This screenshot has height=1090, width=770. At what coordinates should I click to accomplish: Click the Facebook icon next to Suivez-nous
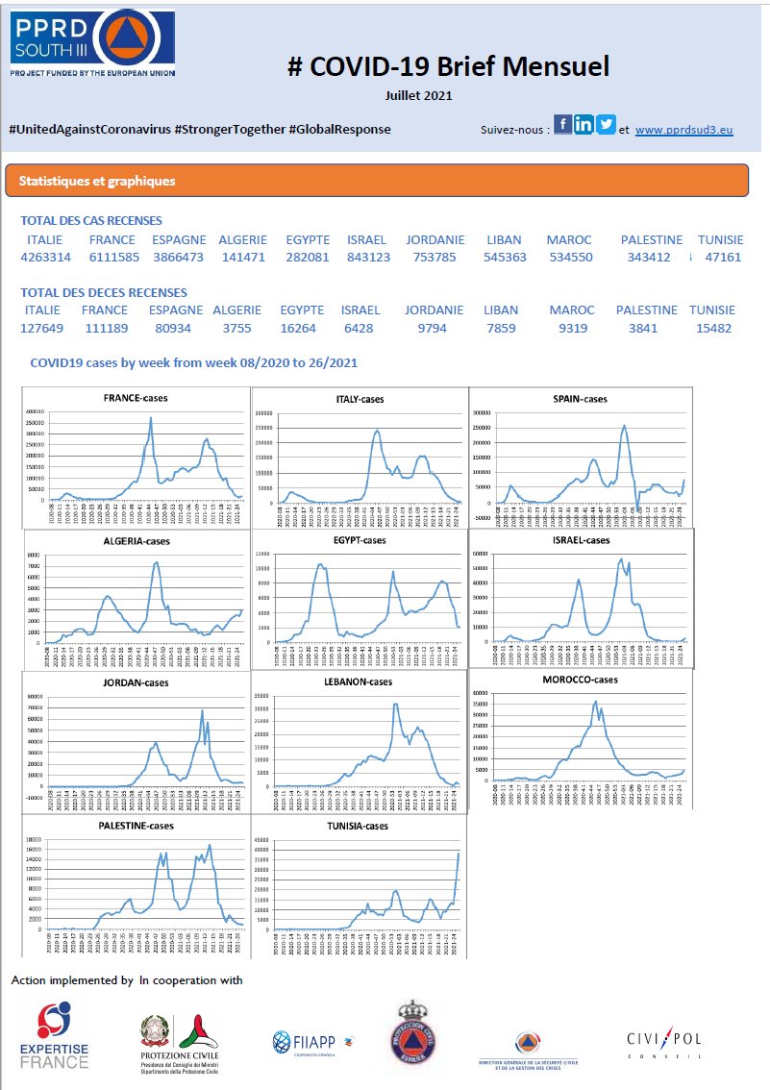click(562, 125)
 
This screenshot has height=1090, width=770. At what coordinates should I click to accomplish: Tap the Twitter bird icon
click(606, 125)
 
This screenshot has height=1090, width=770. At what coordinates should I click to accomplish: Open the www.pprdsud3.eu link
click(683, 129)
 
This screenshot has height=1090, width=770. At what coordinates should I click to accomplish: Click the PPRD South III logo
click(92, 44)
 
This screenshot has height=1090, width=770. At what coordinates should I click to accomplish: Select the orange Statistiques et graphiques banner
click(376, 181)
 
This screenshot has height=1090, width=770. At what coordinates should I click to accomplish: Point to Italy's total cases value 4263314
click(45, 258)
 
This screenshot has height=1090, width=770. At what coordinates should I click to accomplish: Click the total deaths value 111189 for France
click(105, 328)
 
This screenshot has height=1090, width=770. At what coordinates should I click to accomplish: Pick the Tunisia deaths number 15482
click(712, 328)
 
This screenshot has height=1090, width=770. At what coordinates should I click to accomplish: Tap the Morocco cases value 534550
click(570, 258)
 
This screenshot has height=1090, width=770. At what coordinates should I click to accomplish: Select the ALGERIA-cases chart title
click(135, 541)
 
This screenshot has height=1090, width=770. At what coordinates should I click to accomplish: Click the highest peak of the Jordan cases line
click(202, 710)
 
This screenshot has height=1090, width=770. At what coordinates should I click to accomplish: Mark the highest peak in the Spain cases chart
click(625, 425)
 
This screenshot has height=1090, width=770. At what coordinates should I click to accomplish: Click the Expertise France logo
click(54, 1036)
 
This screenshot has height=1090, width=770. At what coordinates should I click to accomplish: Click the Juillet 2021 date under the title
click(418, 95)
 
